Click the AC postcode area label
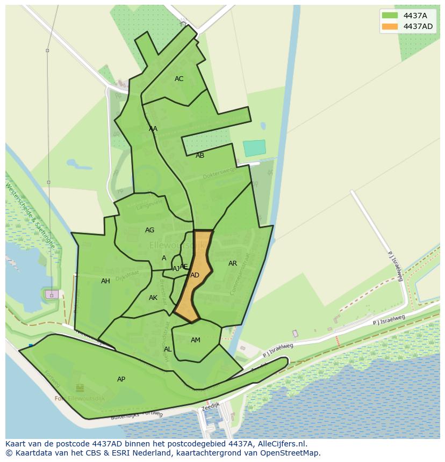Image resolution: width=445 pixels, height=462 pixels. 179,79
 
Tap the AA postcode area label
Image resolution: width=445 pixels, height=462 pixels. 153,129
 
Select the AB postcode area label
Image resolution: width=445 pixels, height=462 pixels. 200,156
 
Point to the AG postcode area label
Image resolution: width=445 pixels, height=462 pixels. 149,230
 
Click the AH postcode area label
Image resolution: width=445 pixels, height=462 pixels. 105,281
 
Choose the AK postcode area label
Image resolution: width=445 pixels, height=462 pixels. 153,298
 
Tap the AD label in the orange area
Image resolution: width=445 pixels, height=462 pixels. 195,275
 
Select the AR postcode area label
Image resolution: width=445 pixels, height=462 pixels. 233,263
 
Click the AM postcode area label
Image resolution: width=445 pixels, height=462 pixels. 196,340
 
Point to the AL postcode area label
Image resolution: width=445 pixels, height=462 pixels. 168,349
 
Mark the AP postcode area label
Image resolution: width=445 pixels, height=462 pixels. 121,379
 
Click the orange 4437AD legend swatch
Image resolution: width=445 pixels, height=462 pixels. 390,26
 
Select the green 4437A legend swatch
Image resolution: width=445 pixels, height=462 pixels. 390,15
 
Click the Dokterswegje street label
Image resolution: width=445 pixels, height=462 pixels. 219,172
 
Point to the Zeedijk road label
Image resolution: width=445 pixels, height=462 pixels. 211,408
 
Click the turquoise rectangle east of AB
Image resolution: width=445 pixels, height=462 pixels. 254,148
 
